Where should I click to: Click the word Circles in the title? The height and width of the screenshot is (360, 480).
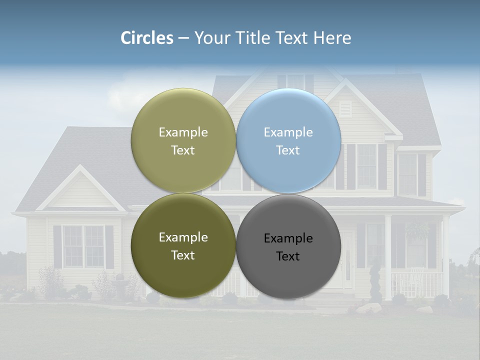[147, 38]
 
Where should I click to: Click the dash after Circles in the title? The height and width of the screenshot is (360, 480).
[183, 38]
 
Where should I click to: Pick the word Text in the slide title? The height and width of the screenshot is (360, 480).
[294, 38]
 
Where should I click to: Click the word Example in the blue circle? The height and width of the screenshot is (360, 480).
[288, 132]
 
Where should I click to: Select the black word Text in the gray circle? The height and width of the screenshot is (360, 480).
[288, 256]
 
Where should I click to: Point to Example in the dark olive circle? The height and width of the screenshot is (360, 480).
[183, 237]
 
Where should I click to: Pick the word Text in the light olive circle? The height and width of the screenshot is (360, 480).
[183, 150]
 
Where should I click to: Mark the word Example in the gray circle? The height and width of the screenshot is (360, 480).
[288, 238]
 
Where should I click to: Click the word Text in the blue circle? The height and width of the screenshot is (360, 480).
[288, 150]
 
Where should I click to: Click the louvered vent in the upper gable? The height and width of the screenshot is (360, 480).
[345, 109]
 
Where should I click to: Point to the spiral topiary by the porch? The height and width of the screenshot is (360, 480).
[374, 282]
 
